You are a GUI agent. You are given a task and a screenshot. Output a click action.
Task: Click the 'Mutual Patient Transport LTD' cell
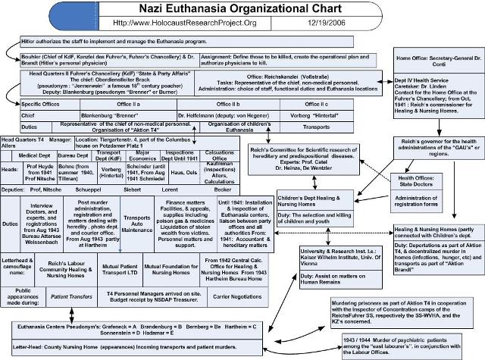(x=118, y=268)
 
